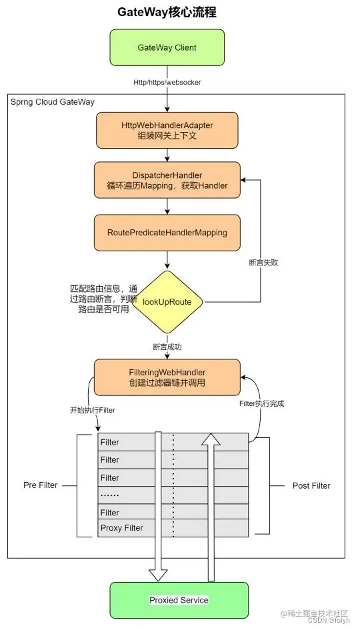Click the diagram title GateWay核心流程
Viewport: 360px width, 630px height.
tap(167, 13)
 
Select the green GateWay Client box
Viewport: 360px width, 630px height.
tap(167, 47)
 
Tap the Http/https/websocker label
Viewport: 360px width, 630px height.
tap(167, 82)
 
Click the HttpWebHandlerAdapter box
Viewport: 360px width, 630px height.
tap(167, 131)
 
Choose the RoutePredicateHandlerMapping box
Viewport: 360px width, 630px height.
tap(167, 233)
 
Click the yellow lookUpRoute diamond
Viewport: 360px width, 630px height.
tap(167, 302)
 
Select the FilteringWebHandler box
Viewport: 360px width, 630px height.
tap(167, 377)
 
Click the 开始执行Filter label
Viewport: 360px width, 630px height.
tap(92, 411)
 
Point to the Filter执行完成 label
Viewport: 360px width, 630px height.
tap(261, 404)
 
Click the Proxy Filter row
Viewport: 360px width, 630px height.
tap(121, 529)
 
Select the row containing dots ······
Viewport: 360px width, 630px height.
tap(111, 495)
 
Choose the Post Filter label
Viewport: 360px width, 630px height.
tap(311, 486)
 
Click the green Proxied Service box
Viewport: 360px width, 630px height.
tap(178, 600)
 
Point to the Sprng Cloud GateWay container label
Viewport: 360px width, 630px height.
tap(53, 102)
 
